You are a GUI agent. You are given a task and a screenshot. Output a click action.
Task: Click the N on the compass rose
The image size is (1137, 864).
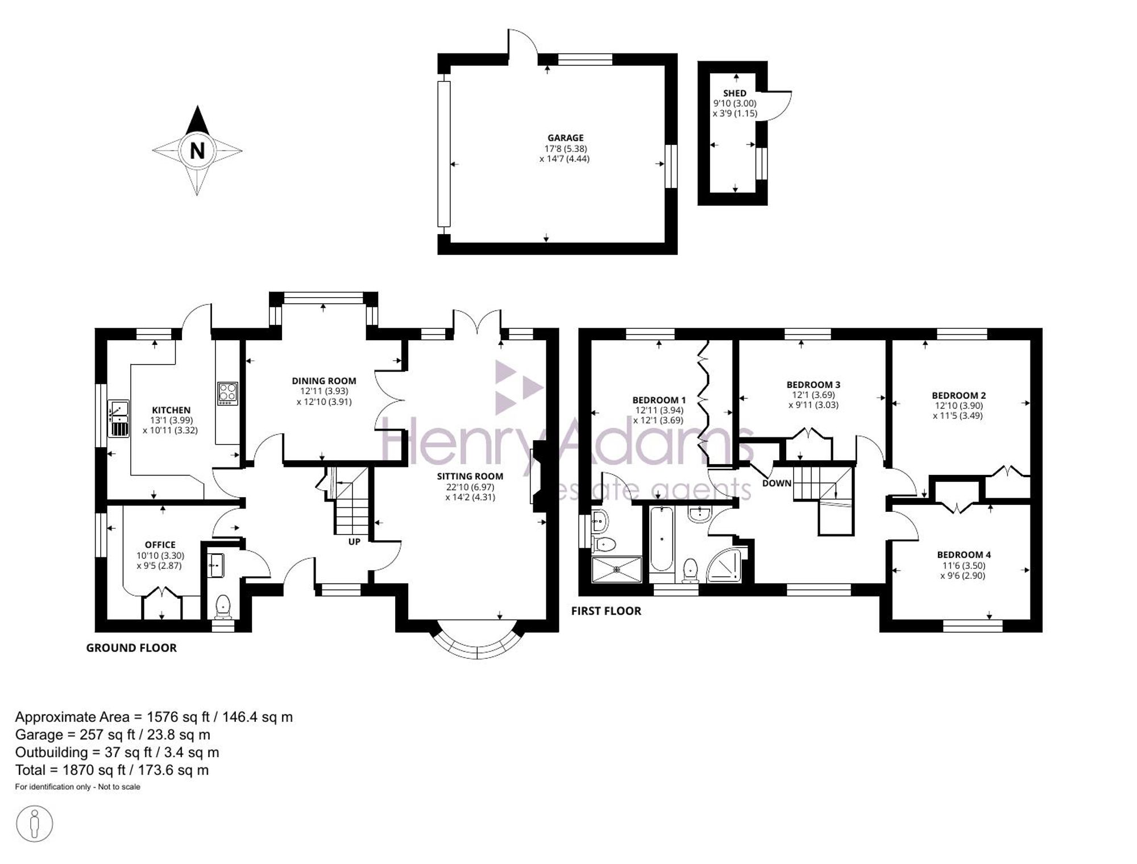click(x=197, y=151)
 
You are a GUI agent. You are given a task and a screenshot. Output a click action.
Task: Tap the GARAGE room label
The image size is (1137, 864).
click(x=566, y=137)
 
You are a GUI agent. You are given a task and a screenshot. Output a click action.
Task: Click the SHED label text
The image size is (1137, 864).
click(x=735, y=93)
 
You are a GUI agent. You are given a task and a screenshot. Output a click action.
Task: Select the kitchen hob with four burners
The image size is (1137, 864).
click(x=228, y=394)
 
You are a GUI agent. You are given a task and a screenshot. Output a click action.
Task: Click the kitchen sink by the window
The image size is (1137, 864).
click(x=119, y=419)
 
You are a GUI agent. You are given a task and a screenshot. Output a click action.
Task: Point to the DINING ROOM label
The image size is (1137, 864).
click(x=324, y=381)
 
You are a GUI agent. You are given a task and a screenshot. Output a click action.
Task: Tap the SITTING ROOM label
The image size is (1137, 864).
click(x=470, y=476)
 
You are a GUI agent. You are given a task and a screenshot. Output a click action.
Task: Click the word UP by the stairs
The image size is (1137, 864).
click(x=354, y=542)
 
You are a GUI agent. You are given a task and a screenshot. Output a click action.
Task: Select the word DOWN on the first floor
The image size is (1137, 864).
click(x=777, y=483)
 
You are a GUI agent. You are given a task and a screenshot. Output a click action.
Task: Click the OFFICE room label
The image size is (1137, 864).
click(x=160, y=545)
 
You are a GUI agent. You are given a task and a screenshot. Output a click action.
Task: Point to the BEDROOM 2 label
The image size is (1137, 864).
click(x=958, y=395)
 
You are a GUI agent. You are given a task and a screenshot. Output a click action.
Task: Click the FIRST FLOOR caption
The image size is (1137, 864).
click(x=606, y=611)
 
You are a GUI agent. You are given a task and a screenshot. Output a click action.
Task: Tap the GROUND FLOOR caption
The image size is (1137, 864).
click(x=131, y=648)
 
